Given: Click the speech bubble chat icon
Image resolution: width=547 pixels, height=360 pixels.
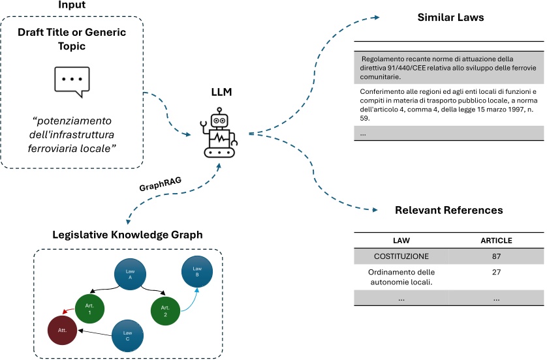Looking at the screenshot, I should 72,80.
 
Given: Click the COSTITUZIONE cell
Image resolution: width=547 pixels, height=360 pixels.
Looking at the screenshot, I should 401,256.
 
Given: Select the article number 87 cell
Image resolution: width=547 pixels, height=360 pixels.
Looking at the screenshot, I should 496,256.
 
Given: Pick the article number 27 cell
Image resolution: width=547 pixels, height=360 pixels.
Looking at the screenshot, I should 496,272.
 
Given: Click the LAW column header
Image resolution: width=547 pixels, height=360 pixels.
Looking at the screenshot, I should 401,241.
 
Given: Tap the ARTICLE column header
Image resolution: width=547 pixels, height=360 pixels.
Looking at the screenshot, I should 496,241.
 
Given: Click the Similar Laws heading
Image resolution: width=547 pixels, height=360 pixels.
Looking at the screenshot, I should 450,18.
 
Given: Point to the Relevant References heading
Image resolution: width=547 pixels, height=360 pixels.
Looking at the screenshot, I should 448,211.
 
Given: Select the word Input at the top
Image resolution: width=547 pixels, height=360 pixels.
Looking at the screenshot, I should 71,5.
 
